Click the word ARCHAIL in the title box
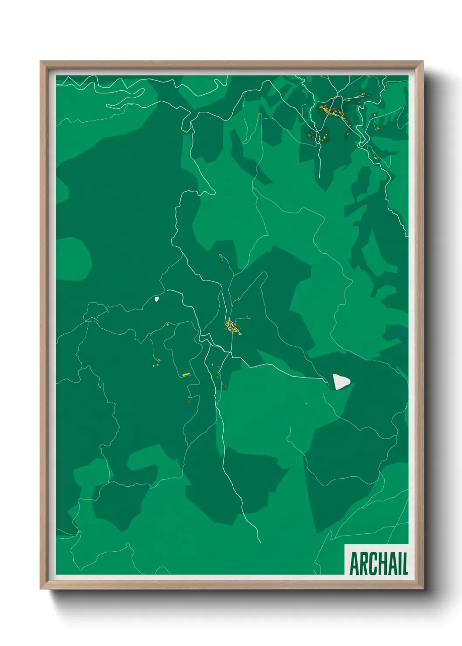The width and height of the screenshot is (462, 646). point(378,564)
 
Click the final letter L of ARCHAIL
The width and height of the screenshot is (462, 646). point(404,564)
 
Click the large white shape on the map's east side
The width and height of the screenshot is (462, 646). point(341,381)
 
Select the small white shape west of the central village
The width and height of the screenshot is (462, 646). point(157,299)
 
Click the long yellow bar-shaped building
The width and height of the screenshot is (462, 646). point(186,374)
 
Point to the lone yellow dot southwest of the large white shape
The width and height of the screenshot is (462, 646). point(307,403)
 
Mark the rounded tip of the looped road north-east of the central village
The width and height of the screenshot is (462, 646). point(265,274)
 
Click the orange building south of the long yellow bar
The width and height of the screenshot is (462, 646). point(189,401)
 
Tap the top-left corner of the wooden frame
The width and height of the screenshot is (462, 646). point(41,62)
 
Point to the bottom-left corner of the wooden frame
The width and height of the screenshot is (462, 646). point(41,588)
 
